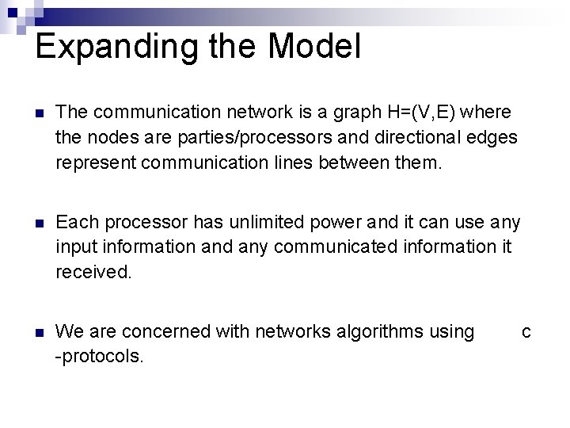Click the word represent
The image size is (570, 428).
coord(93,163)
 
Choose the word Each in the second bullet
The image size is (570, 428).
coord(74,222)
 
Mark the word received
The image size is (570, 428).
coord(92,272)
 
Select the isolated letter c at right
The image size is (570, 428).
coord(526,331)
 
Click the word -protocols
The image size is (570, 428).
coord(100,356)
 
